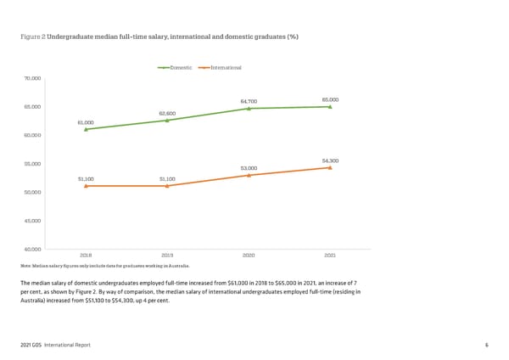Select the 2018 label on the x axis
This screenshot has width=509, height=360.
[86, 255]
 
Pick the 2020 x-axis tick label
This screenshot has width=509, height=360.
[249, 255]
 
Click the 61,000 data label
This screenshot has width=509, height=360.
[86, 122]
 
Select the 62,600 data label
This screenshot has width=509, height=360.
[167, 113]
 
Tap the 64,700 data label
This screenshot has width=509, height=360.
[249, 102]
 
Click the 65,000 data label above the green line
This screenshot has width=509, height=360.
[330, 100]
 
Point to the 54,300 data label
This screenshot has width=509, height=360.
[330, 160]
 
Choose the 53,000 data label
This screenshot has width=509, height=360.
[249, 168]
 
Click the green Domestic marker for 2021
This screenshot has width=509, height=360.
[330, 107]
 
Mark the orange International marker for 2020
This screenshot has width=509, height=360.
[249, 175]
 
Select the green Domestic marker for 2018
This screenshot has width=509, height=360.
[86, 129]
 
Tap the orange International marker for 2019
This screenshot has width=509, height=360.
[167, 185]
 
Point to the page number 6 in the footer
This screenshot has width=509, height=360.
[486, 345]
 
